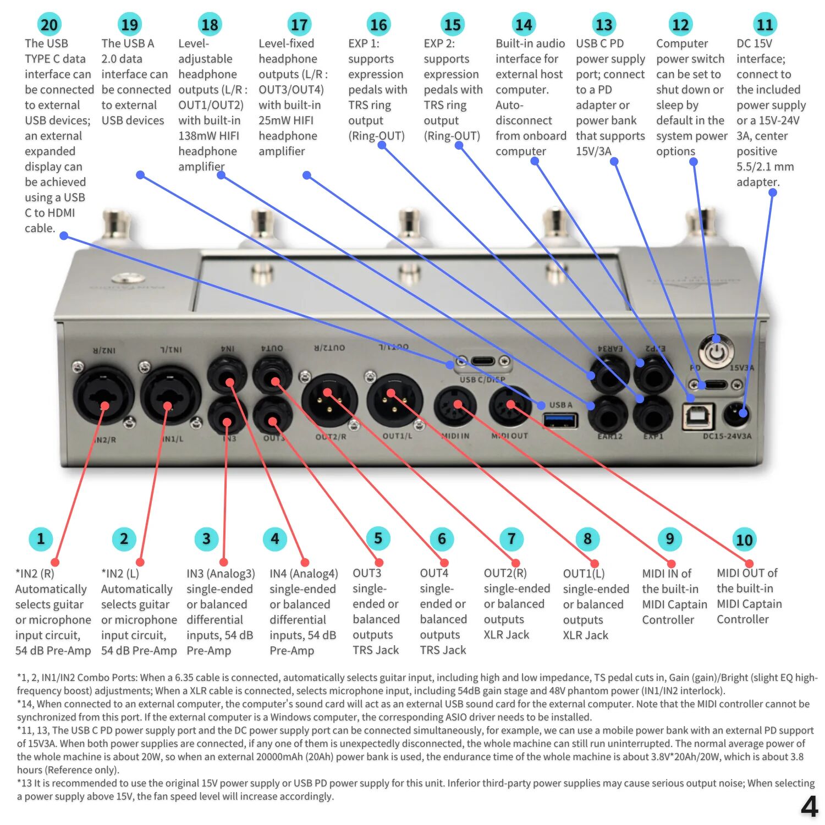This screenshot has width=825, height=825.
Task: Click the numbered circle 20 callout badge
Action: tap(49, 25)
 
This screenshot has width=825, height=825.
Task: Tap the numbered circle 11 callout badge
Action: tap(765, 25)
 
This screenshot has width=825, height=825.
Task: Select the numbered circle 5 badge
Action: tap(378, 538)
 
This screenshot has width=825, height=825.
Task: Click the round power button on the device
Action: tap(716, 351)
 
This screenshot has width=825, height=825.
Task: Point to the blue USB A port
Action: tap(560, 421)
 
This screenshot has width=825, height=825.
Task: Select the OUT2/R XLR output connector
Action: tap(329, 400)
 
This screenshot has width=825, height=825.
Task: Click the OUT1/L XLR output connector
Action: tap(394, 400)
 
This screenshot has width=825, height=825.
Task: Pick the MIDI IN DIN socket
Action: tap(455, 407)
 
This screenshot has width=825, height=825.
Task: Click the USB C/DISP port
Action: tap(482, 362)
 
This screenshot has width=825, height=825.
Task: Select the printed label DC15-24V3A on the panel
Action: tap(727, 436)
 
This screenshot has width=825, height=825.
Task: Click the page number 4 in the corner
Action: tap(809, 807)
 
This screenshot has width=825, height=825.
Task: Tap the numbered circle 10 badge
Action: tap(744, 540)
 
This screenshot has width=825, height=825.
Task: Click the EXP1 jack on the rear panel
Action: tap(653, 415)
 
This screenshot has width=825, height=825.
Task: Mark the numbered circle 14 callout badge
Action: tap(523, 25)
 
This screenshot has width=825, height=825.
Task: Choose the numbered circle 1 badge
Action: tap(40, 538)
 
